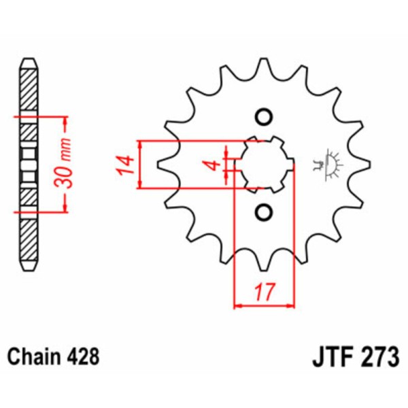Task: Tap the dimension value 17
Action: tap(265, 292)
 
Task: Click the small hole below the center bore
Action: tap(264, 214)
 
